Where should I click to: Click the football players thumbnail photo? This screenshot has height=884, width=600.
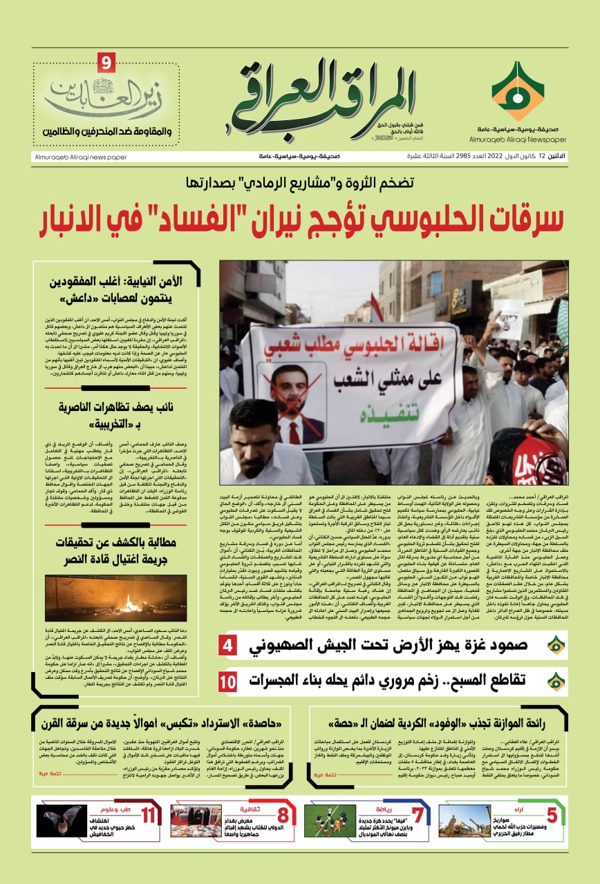pyautogui.click(x=330, y=821)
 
